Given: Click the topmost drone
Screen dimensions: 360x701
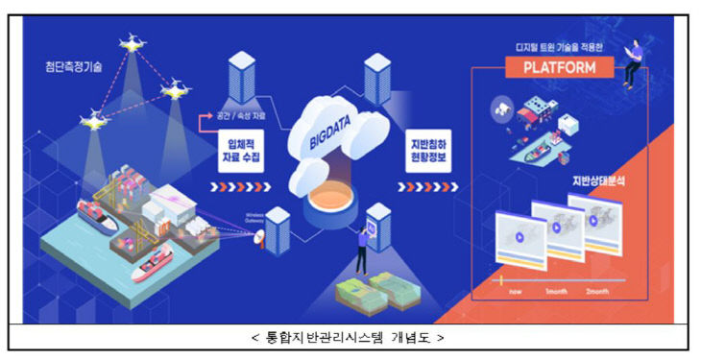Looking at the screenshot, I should tap(130, 42).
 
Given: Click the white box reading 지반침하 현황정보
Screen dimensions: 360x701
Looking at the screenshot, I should tap(423, 151).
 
